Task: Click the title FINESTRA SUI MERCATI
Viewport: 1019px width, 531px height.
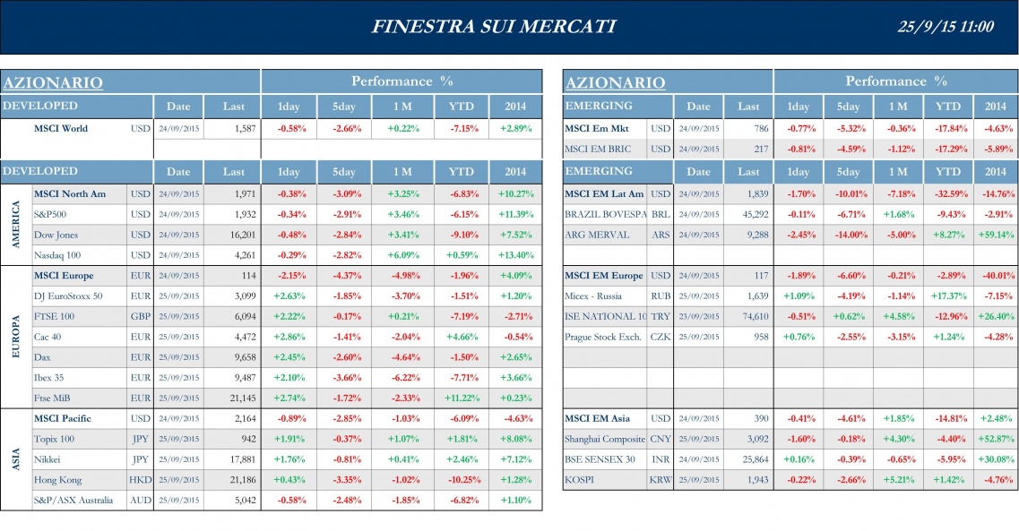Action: (x=493, y=27)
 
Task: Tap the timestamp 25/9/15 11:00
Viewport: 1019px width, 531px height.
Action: (x=945, y=27)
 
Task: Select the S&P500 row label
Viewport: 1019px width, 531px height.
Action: (x=50, y=215)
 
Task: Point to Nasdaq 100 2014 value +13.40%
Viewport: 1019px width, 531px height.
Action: (x=515, y=254)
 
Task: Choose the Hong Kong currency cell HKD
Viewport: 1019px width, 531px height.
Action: (x=140, y=480)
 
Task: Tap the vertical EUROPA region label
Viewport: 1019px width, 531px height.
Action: (x=16, y=336)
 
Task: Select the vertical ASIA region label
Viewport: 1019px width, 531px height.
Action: (x=16, y=459)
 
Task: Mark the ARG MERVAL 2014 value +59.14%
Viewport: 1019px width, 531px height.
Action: (x=995, y=235)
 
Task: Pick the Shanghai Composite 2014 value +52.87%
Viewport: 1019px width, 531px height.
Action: (x=995, y=439)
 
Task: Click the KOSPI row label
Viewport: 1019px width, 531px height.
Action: (x=579, y=480)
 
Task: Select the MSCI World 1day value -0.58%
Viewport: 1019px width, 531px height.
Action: (x=291, y=128)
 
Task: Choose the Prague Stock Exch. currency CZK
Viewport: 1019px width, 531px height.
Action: (x=660, y=337)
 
